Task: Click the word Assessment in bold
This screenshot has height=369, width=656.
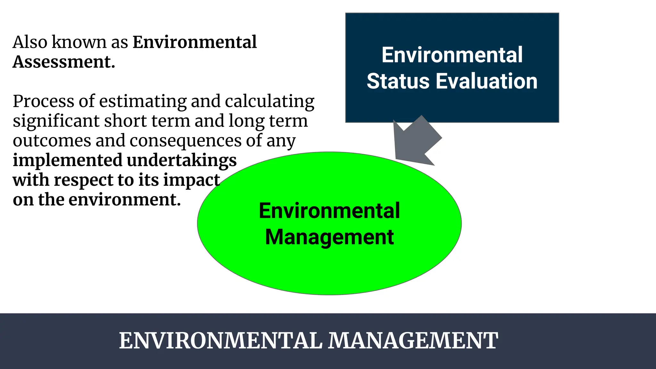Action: (x=63, y=62)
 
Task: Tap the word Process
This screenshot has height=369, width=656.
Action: (x=44, y=102)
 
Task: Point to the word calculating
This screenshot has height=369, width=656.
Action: (x=269, y=102)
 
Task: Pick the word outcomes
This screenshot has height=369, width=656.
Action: (x=52, y=141)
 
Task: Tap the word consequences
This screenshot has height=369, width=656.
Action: (x=185, y=141)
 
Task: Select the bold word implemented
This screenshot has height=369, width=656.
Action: (x=68, y=160)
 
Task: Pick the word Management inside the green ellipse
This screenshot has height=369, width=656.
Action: (x=329, y=237)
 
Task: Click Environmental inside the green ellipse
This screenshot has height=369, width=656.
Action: (x=329, y=211)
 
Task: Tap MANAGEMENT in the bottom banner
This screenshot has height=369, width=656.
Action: (x=413, y=340)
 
